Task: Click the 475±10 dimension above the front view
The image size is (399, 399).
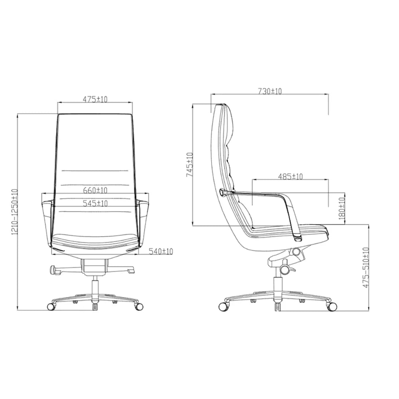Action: point(95,99)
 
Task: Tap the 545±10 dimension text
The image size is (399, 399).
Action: point(95,203)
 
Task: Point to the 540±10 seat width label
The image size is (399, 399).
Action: point(160,251)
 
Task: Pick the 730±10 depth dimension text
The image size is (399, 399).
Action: point(270,91)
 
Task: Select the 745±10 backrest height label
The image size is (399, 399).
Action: point(189,165)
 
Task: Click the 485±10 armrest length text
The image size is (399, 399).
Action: point(290,176)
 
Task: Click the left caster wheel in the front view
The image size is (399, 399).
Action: point(51,306)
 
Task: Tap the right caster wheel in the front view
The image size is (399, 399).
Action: point(139,306)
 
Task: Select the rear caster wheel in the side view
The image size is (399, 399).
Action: point(223,306)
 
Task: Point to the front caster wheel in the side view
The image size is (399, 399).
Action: point(332,306)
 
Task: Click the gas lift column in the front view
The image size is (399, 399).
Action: point(95,289)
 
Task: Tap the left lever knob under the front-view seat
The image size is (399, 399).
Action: point(53,270)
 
